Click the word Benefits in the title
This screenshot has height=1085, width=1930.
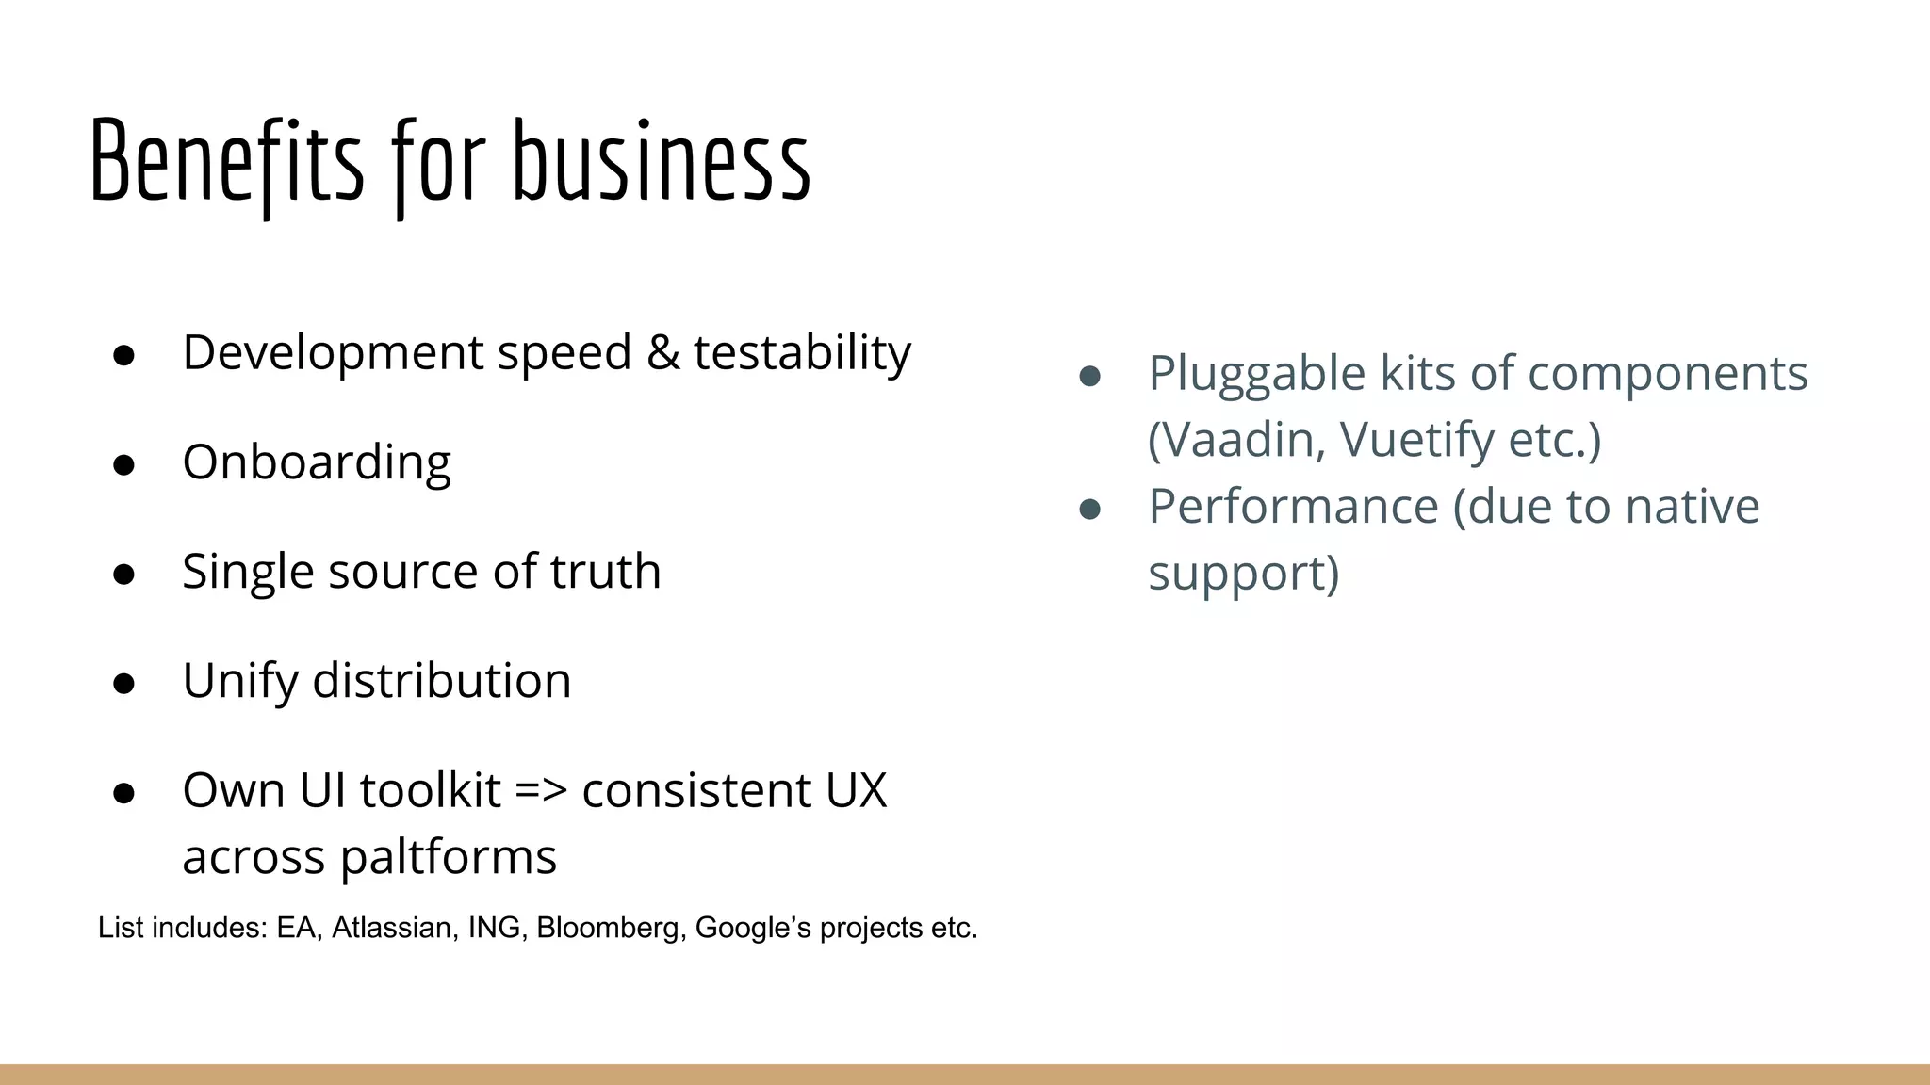point(226,162)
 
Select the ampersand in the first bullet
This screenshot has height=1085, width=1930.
point(662,352)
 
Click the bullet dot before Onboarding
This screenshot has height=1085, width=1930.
point(123,464)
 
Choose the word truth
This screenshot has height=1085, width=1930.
point(605,571)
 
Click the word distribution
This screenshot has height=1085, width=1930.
point(442,680)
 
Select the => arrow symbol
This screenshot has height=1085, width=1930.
point(541,790)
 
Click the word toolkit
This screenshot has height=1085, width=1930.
point(430,789)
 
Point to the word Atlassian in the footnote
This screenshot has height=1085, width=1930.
point(391,928)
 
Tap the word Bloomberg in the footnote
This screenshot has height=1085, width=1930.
point(611,928)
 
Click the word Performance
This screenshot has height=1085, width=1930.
point(1293,507)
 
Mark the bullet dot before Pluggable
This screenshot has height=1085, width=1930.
point(1089,377)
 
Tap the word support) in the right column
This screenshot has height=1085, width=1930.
point(1243,574)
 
